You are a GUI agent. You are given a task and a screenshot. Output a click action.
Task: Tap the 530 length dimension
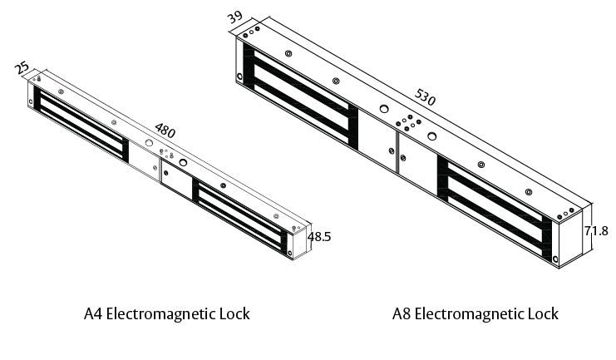click(424, 98)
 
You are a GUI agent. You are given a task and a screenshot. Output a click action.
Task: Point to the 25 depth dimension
click(23, 66)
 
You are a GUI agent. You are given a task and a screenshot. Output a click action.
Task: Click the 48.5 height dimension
click(319, 237)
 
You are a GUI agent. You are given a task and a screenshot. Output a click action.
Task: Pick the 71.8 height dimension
click(596, 232)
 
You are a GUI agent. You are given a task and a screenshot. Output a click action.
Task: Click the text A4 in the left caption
click(95, 313)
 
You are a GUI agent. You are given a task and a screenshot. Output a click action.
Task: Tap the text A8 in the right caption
click(402, 313)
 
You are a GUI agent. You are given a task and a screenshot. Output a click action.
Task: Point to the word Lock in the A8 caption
click(543, 313)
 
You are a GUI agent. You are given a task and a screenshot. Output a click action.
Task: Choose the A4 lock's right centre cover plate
click(175, 180)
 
